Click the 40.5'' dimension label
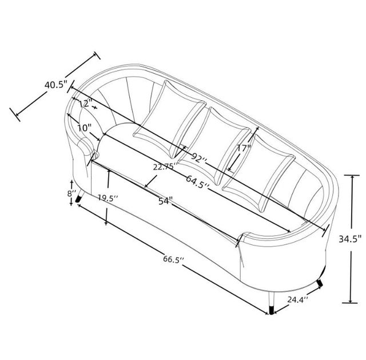click(56, 85)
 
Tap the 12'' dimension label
click(85, 103)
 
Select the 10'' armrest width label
click(84, 128)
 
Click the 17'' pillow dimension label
click(244, 148)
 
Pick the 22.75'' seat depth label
click(165, 167)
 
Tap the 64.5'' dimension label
click(197, 182)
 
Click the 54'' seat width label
click(165, 201)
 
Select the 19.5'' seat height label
click(108, 198)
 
